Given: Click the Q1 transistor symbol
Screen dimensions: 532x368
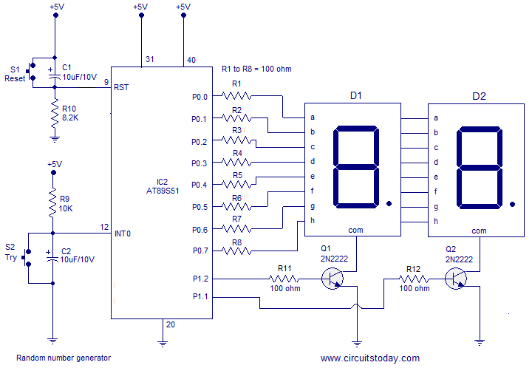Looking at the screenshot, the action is click(x=332, y=279).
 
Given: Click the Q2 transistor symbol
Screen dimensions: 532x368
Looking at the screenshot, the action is click(x=456, y=279).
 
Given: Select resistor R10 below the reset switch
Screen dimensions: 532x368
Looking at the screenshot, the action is click(x=55, y=113).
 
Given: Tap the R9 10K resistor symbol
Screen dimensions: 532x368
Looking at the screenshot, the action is click(x=52, y=202).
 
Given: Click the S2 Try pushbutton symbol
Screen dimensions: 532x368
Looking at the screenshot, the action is click(x=27, y=258).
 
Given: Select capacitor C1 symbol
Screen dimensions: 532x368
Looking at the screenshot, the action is click(x=55, y=76).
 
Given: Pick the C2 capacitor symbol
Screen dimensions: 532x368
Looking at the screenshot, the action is click(x=52, y=257).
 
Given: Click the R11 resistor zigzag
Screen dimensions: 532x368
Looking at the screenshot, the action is click(x=284, y=279).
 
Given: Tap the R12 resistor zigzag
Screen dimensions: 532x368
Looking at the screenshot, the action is click(x=414, y=279).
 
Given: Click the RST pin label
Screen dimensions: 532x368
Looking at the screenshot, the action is click(x=121, y=87).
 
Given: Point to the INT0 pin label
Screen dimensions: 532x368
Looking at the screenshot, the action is click(x=123, y=234).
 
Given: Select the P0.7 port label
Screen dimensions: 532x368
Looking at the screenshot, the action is click(x=200, y=251).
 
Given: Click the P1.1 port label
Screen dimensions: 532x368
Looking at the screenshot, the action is click(x=200, y=296).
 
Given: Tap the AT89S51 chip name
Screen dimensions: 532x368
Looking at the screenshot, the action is click(x=163, y=191).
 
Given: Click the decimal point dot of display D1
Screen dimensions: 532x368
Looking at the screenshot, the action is click(x=389, y=203).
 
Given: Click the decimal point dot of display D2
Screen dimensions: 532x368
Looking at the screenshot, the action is click(x=512, y=204).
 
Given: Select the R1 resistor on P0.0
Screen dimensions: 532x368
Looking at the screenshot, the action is click(x=236, y=96).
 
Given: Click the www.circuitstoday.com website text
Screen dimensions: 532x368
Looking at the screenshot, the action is click(x=370, y=358).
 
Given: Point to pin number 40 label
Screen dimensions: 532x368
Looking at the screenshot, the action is click(x=191, y=60).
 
